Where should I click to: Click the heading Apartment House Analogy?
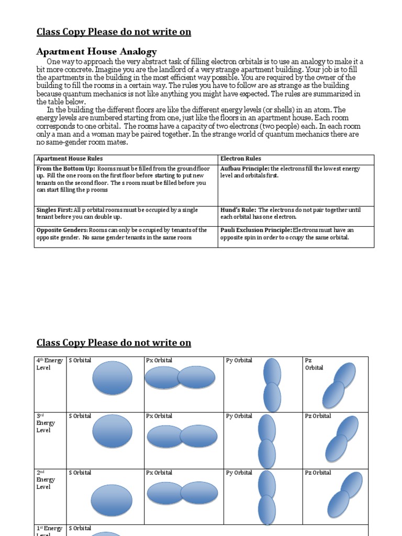click(x=96, y=51)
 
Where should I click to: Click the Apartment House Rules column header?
click(x=70, y=159)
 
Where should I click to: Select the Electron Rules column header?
click(x=241, y=159)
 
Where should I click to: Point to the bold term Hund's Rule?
click(x=238, y=210)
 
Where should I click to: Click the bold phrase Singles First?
click(x=53, y=210)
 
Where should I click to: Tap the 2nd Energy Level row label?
click(x=44, y=479)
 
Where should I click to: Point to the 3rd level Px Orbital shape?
click(x=182, y=436)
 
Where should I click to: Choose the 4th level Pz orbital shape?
click(x=339, y=385)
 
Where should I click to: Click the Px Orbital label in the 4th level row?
click(x=159, y=360)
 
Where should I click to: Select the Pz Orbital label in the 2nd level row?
click(x=318, y=473)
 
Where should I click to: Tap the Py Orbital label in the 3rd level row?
click(x=239, y=416)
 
